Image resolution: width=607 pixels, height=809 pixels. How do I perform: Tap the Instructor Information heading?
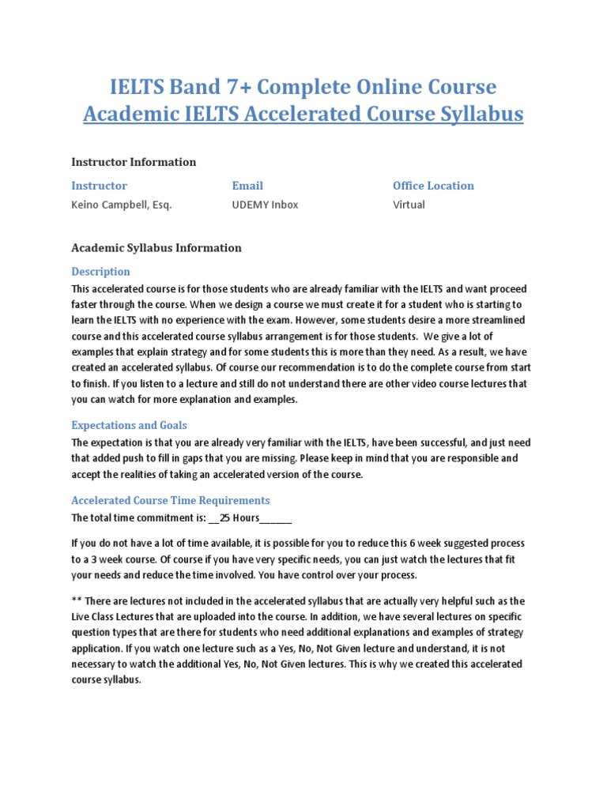(x=134, y=162)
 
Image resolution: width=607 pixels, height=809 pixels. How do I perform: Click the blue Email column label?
(x=247, y=186)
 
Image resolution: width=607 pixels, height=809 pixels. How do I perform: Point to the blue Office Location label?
(x=433, y=186)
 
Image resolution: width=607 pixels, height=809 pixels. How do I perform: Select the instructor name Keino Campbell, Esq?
(x=121, y=205)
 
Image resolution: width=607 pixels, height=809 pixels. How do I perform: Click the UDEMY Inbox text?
(x=265, y=205)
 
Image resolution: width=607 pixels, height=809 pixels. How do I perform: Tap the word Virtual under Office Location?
(x=409, y=205)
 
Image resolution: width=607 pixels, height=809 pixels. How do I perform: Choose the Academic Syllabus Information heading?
(x=156, y=248)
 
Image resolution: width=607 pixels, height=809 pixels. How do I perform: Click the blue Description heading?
(x=101, y=272)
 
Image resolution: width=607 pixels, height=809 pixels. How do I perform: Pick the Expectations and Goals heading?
(x=129, y=425)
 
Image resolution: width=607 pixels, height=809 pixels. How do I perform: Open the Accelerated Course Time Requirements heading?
(x=171, y=500)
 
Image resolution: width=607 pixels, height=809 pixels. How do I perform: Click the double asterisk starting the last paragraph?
(x=77, y=601)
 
